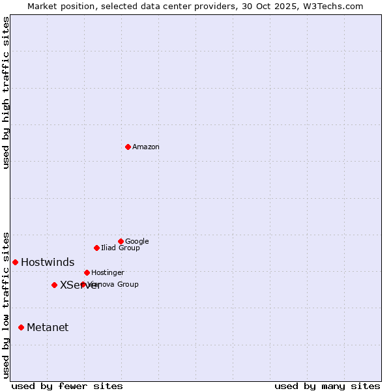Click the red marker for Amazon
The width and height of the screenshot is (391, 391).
(x=128, y=147)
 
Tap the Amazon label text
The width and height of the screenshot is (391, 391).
(x=146, y=147)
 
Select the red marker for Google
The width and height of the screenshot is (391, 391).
(x=121, y=241)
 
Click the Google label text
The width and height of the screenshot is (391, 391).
(x=137, y=242)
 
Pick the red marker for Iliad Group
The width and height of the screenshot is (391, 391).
(x=96, y=248)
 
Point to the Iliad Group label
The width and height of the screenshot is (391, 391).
(x=121, y=248)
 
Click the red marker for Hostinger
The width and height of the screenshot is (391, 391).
(x=87, y=272)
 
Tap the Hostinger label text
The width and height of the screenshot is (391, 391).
(x=108, y=273)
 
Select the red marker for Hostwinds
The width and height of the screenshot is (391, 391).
(x=15, y=262)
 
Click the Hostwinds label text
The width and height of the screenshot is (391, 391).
(x=48, y=263)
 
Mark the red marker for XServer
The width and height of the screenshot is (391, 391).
(x=54, y=285)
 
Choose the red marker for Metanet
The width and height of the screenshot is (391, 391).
(x=21, y=327)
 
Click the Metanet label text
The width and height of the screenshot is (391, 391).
(x=48, y=328)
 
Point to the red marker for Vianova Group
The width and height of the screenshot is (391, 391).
(x=83, y=284)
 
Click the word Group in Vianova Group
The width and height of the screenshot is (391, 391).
(x=128, y=285)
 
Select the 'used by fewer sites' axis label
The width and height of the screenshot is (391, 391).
(x=67, y=386)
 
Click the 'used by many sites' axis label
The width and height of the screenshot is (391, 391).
(x=327, y=386)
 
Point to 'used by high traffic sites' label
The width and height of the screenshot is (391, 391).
(x=7, y=93)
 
